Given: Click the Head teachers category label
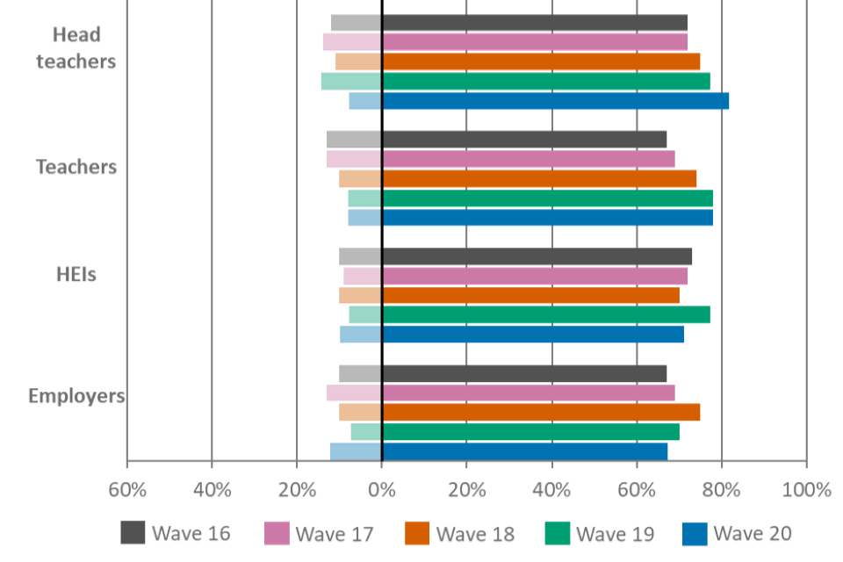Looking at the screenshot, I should coord(76,49).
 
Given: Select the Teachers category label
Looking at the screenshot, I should coord(76,168).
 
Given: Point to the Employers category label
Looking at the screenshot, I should coord(76,397).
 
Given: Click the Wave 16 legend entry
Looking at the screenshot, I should coord(176,533).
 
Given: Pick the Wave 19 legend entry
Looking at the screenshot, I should coord(600,533).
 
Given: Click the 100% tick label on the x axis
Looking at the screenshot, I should coord(806,490).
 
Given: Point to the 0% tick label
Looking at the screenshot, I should coord(381,490).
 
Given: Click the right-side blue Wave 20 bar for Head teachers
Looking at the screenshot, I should coord(556,101).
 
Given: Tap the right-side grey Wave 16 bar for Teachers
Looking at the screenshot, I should coord(525,140).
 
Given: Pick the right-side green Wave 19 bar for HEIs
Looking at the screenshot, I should coord(546,314).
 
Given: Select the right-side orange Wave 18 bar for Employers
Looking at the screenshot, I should coord(542,413).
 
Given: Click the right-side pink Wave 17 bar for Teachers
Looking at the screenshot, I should coord(529,159).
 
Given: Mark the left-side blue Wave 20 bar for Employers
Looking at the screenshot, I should coord(356,451).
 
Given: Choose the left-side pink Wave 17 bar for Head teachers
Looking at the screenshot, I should coord(351,42).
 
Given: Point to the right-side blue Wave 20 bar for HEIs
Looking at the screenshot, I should coord(533,335).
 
